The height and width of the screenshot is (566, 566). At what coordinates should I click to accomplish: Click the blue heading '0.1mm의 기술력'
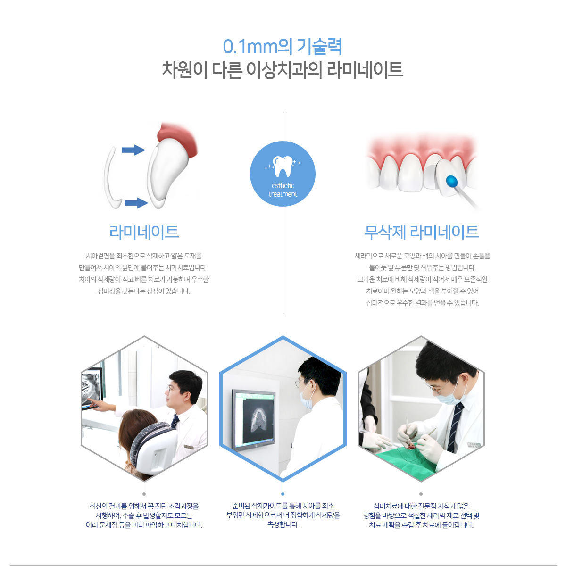click(282, 47)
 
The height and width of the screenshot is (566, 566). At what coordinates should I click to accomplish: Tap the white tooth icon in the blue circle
click(283, 166)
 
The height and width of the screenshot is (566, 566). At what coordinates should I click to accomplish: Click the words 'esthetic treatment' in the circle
click(283, 190)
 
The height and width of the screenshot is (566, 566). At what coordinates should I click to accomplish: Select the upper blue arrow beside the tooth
click(133, 150)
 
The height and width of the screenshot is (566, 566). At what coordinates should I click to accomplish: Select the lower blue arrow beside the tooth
click(136, 203)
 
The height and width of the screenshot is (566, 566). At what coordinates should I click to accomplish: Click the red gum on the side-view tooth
click(178, 138)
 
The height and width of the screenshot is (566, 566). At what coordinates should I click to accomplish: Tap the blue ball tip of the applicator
click(452, 181)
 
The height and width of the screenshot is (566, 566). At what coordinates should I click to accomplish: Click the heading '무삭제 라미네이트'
click(422, 232)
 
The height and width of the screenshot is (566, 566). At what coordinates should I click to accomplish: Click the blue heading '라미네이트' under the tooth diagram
click(144, 232)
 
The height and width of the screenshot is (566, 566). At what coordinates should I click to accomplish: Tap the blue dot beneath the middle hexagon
click(283, 494)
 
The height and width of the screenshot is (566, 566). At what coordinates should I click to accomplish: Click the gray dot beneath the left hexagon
click(144, 494)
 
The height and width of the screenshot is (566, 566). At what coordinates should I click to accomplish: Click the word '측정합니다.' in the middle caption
click(283, 524)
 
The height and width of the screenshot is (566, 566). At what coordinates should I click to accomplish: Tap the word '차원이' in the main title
click(185, 70)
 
